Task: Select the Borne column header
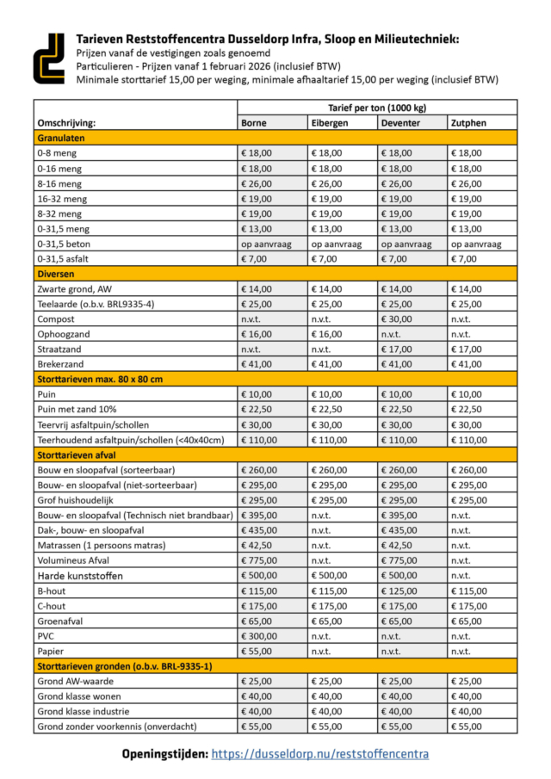(x=254, y=123)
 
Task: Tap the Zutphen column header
(x=467, y=123)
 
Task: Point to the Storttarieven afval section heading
(x=77, y=454)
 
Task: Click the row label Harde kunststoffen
(x=80, y=575)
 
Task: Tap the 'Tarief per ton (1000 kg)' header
(x=377, y=108)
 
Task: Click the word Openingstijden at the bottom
(x=164, y=753)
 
